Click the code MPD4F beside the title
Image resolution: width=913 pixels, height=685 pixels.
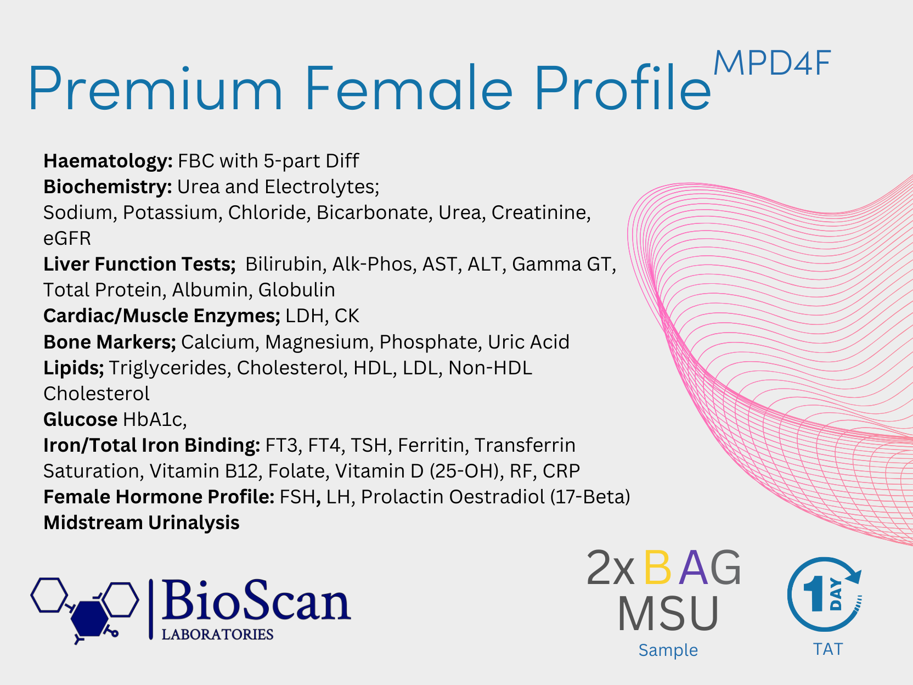[772, 64]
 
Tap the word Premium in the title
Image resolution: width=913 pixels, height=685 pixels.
[156, 88]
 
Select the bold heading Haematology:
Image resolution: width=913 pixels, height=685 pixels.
[108, 161]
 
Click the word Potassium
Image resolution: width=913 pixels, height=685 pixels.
[170, 212]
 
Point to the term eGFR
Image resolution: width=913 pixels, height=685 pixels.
[67, 239]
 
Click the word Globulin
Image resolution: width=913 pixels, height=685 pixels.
[297, 290]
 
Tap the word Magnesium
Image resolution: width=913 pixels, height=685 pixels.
[317, 343]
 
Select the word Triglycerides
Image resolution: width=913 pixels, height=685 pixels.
[168, 368]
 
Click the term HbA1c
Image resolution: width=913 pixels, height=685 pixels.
[153, 420]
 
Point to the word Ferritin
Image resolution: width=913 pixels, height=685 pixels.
[431, 446]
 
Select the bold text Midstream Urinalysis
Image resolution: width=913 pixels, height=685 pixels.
[142, 523]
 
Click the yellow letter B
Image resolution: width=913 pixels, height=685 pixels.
[657, 568]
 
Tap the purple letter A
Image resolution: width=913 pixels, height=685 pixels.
[694, 568]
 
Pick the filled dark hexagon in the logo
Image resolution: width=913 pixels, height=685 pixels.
[89, 619]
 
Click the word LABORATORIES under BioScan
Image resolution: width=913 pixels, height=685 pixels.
[217, 635]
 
